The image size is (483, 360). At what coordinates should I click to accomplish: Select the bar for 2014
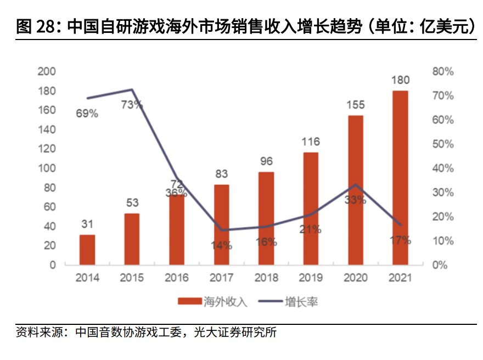pos(87,250)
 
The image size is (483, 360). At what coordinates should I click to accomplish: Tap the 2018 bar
pos(266,218)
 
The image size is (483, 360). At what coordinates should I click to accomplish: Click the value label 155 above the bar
pos(356,104)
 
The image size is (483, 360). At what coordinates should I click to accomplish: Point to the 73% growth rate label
pos(132,104)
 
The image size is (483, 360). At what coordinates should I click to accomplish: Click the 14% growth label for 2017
pos(221,245)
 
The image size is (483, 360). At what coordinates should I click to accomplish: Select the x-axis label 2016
pos(177,278)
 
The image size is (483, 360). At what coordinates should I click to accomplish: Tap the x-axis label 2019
pos(311,278)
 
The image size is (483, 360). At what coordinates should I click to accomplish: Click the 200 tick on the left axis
pos(47,71)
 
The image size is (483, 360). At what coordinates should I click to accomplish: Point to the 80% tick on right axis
pos(443,71)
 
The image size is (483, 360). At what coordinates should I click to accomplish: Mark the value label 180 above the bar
pos(400,80)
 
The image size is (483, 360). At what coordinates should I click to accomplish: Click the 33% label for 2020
pos(355,200)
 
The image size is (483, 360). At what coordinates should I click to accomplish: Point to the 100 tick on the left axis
pos(47,168)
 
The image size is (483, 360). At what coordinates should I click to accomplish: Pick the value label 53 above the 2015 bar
pos(132,203)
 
